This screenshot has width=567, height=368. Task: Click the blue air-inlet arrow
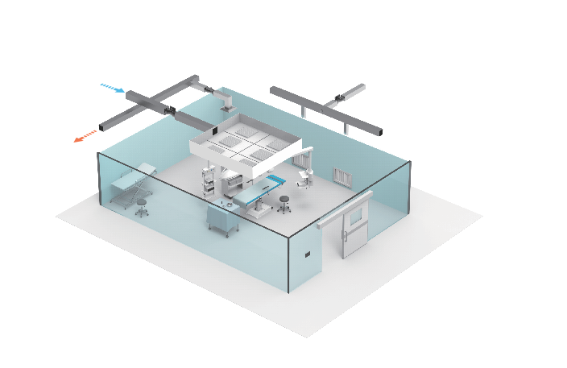(112, 87)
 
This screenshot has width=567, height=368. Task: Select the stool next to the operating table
(283, 203)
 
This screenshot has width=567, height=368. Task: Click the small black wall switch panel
(307, 255)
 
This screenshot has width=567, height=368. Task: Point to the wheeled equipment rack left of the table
(209, 184)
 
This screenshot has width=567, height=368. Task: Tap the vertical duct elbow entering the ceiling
(226, 101)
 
